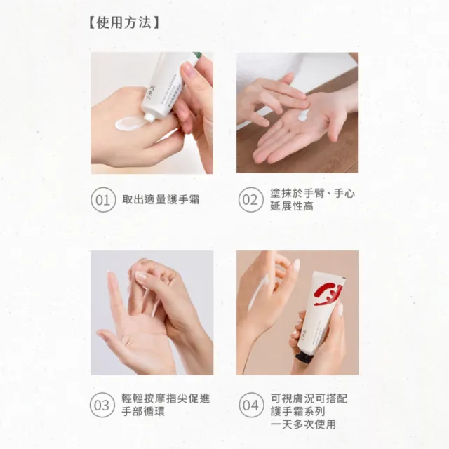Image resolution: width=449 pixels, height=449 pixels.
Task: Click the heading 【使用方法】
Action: pos(124,22)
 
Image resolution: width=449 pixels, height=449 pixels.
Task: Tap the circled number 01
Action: pos(103,200)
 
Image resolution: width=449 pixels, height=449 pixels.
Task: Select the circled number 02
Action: pos(251,200)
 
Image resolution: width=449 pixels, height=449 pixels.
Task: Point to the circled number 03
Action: pos(102,405)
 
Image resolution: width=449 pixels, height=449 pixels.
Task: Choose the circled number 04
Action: pos(251,405)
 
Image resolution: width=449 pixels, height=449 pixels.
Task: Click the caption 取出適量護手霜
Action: pos(161,199)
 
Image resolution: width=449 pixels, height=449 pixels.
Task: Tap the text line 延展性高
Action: pos(292,206)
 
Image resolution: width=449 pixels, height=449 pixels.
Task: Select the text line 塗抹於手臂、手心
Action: pos(312,194)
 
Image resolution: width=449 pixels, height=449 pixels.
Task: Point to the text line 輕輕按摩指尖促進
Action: pos(166,398)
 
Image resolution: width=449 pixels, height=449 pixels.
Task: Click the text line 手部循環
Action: pos(143,411)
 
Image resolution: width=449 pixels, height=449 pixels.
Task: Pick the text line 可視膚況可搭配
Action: pos(309,398)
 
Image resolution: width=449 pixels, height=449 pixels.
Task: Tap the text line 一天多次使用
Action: pos(303,424)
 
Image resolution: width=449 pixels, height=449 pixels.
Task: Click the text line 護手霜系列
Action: pos(297,411)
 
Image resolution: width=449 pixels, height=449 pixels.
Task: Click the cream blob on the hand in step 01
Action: pos(129,123)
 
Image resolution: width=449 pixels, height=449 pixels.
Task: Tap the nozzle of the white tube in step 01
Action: pos(149,116)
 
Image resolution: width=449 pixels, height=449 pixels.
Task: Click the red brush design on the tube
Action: pos(328,294)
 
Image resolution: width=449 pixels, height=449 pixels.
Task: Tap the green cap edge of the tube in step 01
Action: pos(197,55)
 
